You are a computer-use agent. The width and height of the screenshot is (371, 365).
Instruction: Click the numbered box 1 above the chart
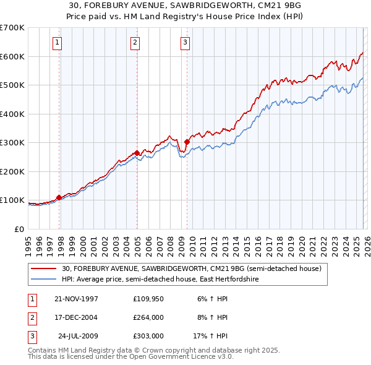(x=57, y=43)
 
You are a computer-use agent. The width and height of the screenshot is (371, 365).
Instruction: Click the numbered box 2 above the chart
(x=134, y=43)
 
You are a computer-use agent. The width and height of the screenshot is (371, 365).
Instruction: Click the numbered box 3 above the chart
(x=185, y=43)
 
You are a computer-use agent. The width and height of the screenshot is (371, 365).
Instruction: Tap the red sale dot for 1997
(x=59, y=197)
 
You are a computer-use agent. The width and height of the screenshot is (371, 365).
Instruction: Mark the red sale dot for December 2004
(x=137, y=153)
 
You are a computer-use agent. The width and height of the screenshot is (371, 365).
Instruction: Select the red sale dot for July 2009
(x=187, y=142)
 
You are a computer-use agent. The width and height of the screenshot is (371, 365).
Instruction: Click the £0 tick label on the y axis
(x=19, y=229)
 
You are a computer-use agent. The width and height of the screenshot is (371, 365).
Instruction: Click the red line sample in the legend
(x=44, y=269)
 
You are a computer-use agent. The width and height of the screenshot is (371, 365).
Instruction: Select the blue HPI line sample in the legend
(x=44, y=280)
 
